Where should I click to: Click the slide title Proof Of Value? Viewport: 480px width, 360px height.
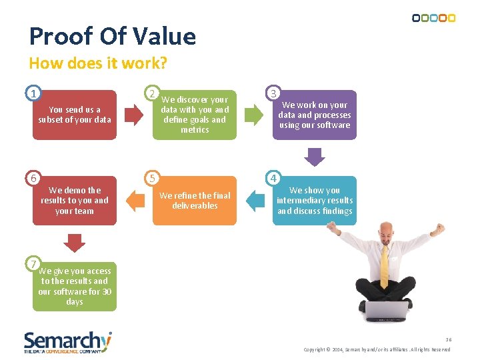113,37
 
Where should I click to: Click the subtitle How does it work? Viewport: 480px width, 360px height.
98,63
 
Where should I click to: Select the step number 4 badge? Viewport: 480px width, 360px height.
273,178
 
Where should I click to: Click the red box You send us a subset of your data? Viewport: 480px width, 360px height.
75,115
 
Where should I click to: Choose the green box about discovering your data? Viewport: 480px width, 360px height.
195,115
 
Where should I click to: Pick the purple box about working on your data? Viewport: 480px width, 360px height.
315,115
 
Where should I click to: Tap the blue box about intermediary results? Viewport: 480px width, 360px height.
315,201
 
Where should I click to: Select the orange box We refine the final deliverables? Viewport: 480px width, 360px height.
195,201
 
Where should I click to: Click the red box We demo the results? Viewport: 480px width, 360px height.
75,201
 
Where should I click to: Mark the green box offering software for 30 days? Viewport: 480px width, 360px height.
75,287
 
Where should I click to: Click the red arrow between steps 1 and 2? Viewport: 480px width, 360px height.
135,115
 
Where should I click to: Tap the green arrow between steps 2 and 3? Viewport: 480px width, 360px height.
253,115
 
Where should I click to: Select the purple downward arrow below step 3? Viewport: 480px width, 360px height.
315,156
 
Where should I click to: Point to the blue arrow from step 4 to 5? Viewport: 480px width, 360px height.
255,200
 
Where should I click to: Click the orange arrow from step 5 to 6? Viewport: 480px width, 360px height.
135,200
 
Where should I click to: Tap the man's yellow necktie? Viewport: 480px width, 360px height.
385,266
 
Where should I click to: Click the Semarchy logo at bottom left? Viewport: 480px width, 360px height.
67,341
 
